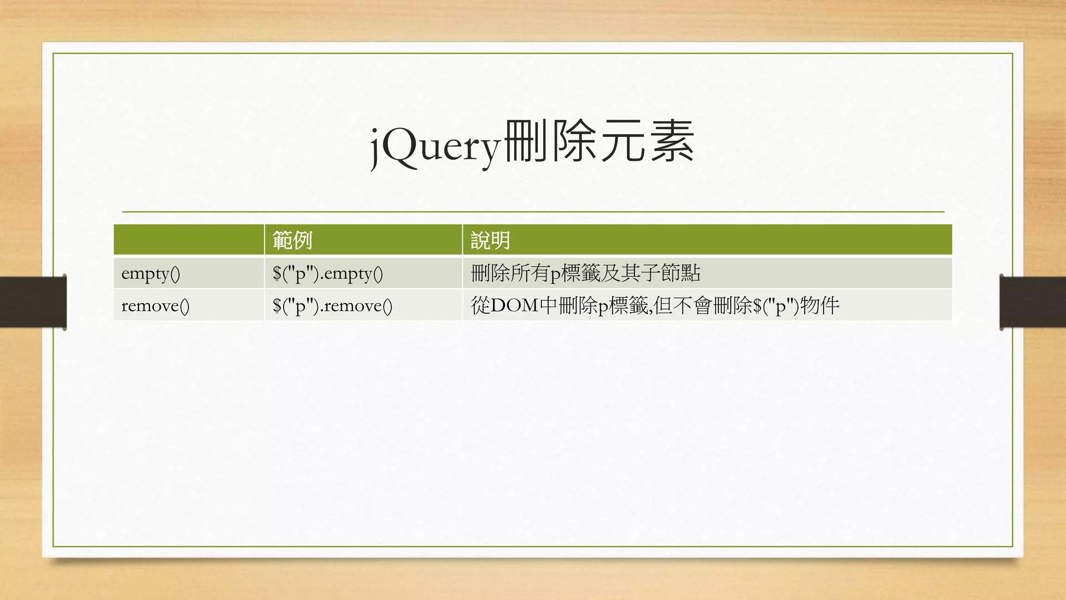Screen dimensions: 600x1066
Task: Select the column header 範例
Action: click(x=292, y=241)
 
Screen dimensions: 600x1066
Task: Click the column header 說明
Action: click(x=490, y=241)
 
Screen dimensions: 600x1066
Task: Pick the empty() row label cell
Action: click(x=150, y=273)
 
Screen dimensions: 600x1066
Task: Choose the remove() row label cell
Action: click(x=155, y=306)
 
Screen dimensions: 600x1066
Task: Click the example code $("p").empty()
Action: click(x=327, y=273)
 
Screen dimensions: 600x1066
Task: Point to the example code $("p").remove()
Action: click(x=332, y=306)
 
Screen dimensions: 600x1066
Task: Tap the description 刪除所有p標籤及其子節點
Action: click(x=585, y=273)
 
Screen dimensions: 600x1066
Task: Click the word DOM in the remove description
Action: click(x=515, y=306)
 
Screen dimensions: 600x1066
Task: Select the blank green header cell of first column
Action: click(x=188, y=240)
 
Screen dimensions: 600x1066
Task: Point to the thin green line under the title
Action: click(x=533, y=212)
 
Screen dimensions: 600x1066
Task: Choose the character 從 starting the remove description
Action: click(x=480, y=306)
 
